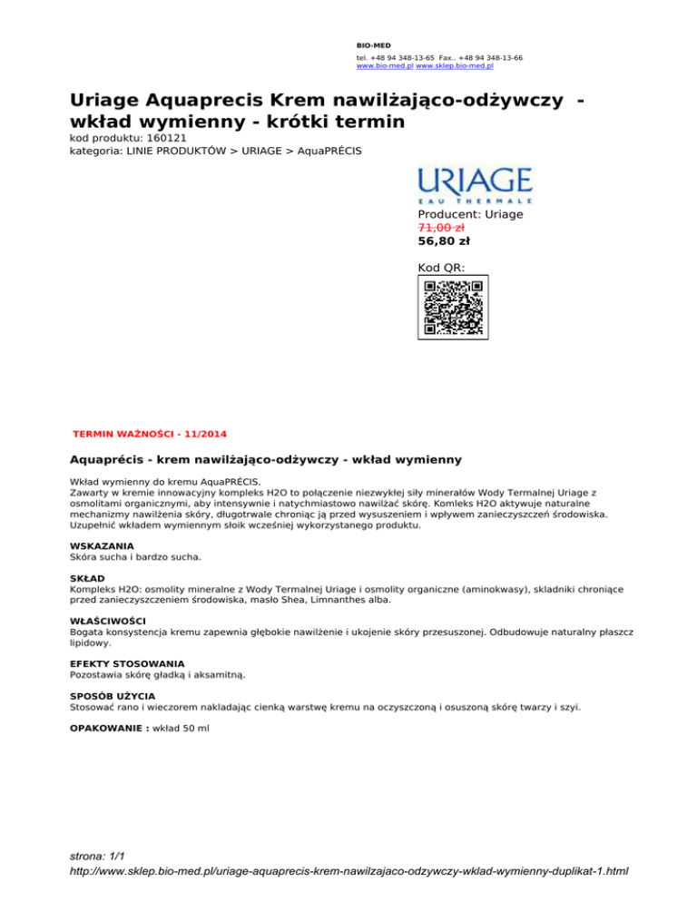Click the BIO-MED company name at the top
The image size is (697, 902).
click(x=367, y=44)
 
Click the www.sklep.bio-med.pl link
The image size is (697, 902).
click(x=454, y=65)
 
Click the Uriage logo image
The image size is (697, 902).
click(x=474, y=183)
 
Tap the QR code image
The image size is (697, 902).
click(x=453, y=309)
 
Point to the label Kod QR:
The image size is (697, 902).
click(x=441, y=268)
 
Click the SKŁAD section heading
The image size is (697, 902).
click(x=87, y=577)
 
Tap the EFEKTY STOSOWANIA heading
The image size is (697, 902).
click(x=127, y=664)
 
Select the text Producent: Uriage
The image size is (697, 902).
click(x=470, y=214)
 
